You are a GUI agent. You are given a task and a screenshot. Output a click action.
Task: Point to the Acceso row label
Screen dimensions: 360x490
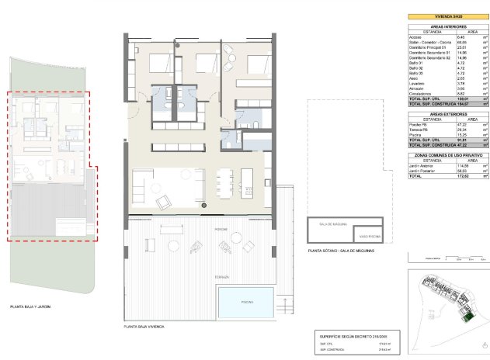click(415, 36)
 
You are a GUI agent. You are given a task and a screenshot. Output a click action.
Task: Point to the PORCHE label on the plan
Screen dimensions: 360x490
click(200, 218)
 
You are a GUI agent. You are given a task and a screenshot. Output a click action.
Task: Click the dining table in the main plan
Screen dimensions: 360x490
click(224, 184)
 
